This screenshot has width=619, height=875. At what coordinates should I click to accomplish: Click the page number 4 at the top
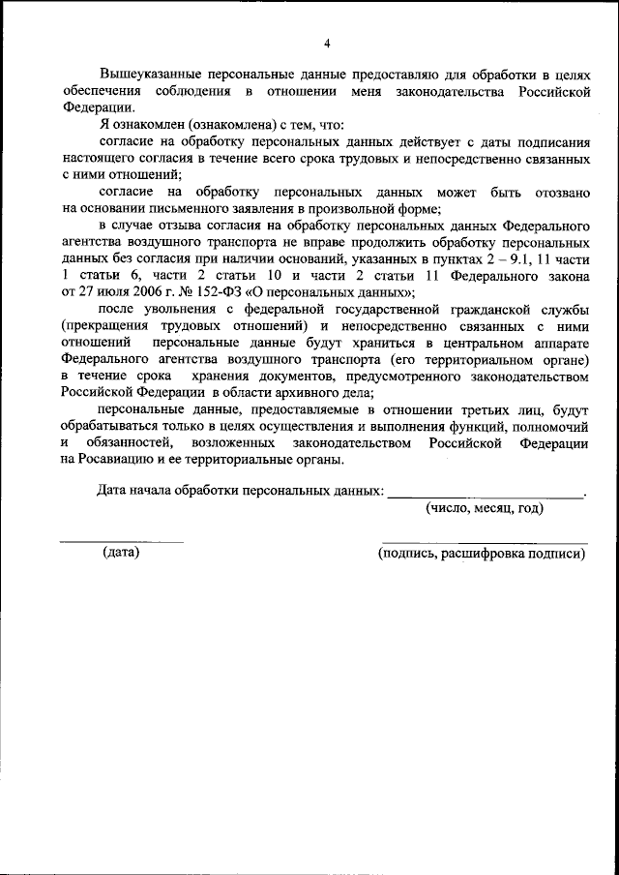tap(327, 44)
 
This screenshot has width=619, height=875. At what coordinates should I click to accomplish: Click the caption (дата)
tap(121, 552)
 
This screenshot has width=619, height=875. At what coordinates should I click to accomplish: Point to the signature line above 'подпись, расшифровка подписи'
tap(485, 540)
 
